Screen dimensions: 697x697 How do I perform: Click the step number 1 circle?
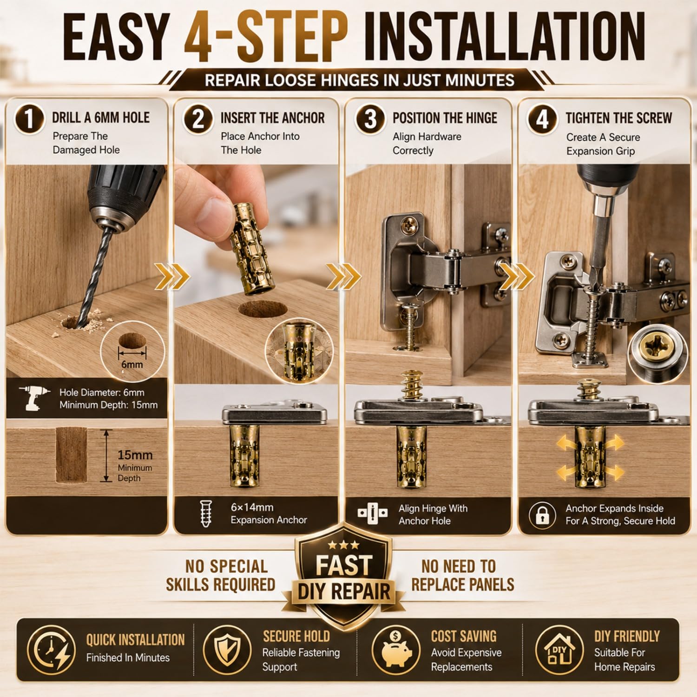click(29, 118)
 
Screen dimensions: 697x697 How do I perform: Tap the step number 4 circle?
click(542, 119)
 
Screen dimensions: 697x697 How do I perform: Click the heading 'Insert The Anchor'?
click(272, 118)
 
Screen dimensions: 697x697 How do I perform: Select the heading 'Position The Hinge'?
click(445, 118)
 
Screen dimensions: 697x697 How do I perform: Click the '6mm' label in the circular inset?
click(132, 364)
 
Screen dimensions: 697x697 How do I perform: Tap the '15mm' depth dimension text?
click(135, 455)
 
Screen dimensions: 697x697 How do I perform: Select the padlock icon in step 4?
click(542, 515)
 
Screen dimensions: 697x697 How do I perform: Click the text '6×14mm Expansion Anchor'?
click(269, 513)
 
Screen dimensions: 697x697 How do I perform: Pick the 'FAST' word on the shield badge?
click(344, 565)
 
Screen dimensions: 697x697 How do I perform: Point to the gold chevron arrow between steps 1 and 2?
click(172, 276)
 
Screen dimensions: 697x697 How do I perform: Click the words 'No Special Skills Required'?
click(221, 575)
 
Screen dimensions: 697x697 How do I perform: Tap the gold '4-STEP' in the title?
click(266, 37)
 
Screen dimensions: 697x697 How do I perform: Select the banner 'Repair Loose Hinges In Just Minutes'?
click(359, 80)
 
